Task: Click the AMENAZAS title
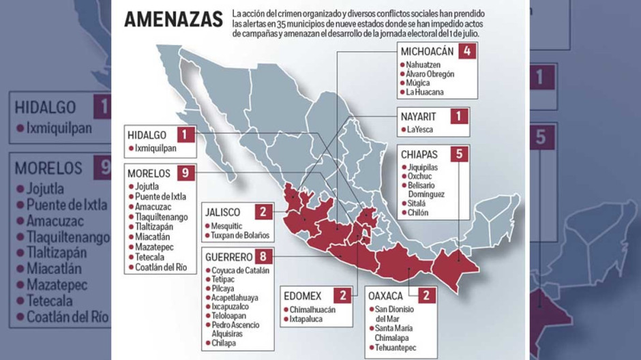point(173,19)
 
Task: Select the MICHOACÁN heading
point(428,52)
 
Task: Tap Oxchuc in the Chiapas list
point(419,176)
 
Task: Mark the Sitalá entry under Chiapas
point(417,203)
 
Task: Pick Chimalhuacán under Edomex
point(312,310)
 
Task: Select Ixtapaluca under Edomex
point(308,318)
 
